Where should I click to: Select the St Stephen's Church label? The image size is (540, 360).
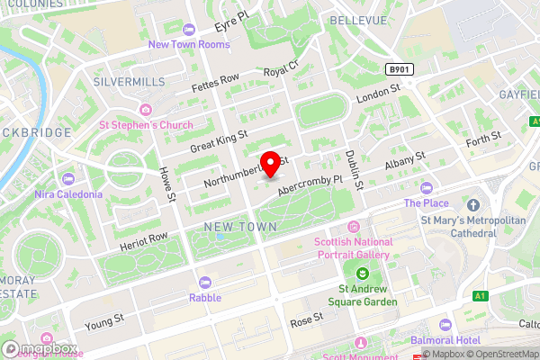146,125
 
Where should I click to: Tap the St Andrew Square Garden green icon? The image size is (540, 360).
361,274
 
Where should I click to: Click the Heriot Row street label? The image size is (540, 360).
143,240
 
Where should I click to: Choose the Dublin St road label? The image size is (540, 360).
354,169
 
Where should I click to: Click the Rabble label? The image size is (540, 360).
204,297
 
